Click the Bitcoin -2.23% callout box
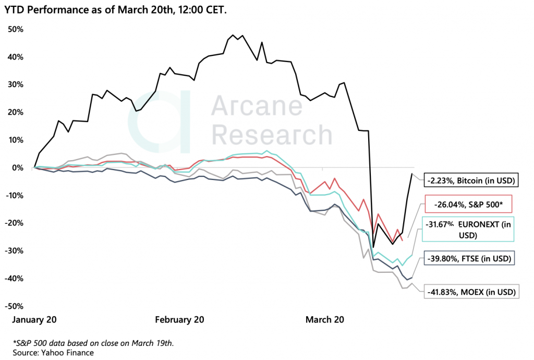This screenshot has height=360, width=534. point(470,181)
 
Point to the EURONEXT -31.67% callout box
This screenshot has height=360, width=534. point(468,229)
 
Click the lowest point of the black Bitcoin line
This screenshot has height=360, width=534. point(373,247)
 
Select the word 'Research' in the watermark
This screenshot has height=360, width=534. point(273,135)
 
